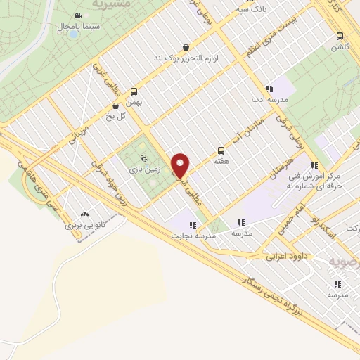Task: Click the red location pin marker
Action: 181,165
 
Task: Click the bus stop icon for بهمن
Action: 134,91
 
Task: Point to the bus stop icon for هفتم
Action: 221,150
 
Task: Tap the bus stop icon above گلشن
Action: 340,36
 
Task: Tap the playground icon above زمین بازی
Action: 145,158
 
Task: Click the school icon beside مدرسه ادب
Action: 269,89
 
